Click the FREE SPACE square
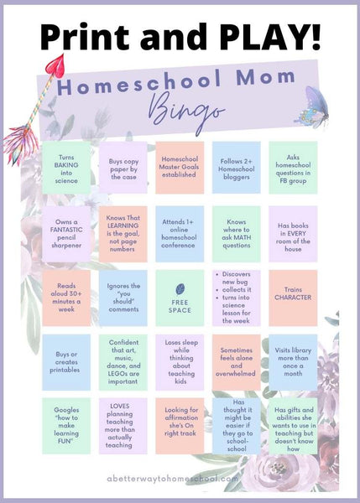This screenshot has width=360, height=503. coord(180,298)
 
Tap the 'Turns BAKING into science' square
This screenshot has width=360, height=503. coord(67,168)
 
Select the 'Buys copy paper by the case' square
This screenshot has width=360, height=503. coord(123,168)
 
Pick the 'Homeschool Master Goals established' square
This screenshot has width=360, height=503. coord(180,168)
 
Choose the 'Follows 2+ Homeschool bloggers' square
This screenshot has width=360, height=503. coord(236,168)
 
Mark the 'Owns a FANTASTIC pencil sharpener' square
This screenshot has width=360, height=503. coord(67,233)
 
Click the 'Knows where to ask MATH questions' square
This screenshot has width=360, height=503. coord(236,233)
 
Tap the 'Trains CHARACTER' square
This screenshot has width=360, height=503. coord(292,298)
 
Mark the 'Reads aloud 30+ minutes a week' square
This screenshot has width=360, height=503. coord(67,298)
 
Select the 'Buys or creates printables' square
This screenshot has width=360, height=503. coord(67,362)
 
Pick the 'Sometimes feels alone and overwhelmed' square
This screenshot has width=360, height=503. coord(236,362)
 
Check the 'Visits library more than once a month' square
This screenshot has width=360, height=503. coord(292,362)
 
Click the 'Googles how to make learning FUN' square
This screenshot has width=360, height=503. coord(67,426)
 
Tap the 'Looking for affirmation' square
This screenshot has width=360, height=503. coord(180,426)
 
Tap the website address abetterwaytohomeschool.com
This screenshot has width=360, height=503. coord(180,479)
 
